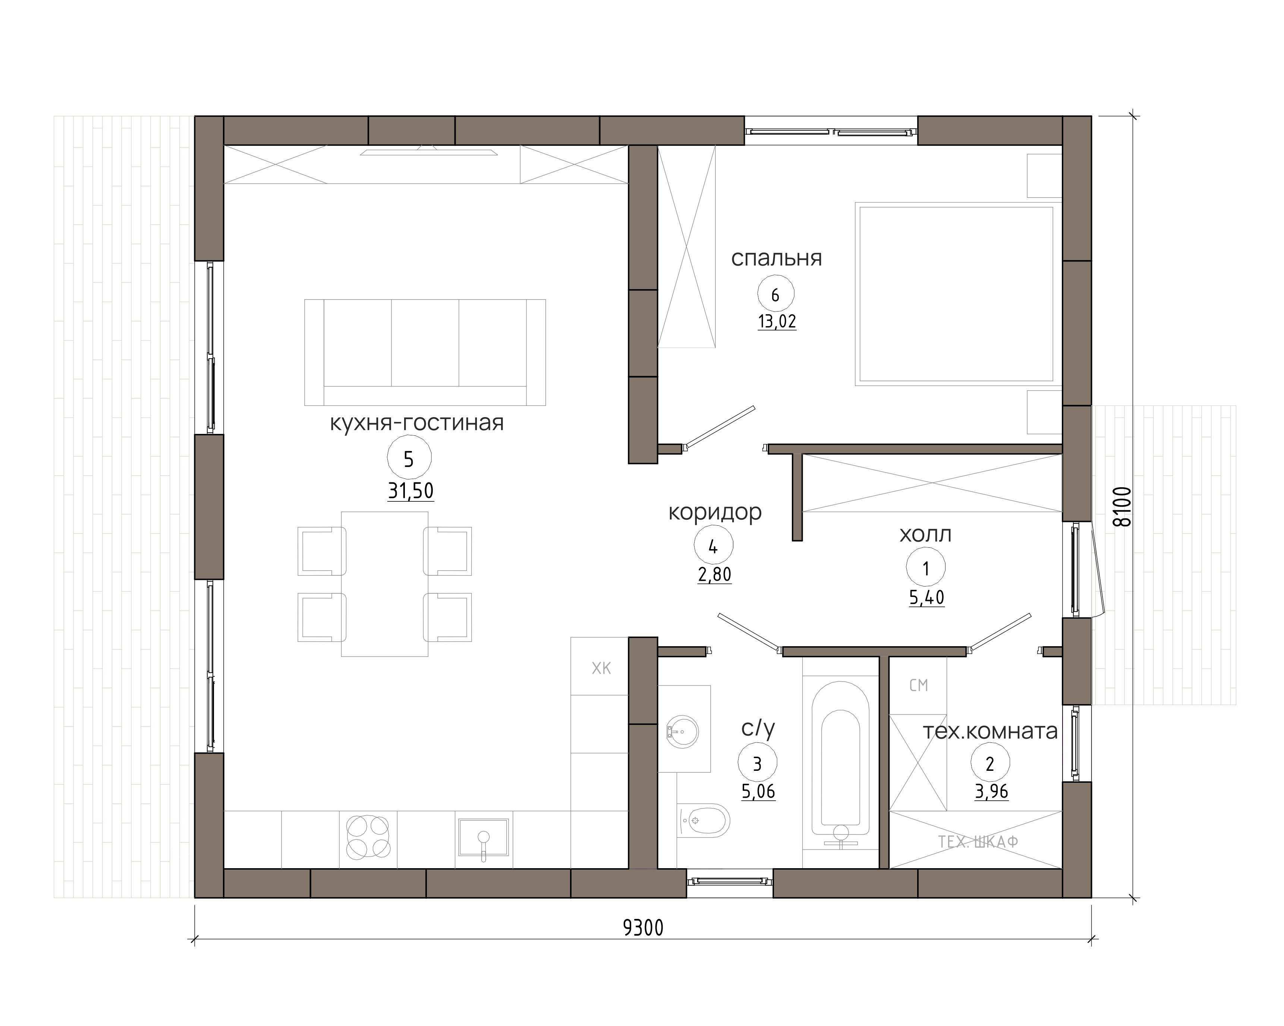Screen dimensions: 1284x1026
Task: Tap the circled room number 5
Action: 409,459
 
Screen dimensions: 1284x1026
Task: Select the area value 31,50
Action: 411,491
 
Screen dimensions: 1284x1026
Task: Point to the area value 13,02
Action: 777,322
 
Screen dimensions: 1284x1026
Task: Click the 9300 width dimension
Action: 643,928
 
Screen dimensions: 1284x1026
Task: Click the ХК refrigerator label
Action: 601,669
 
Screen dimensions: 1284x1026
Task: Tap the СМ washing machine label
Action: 919,685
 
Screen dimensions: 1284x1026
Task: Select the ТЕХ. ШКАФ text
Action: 978,842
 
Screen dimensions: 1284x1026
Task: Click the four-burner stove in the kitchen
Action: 368,837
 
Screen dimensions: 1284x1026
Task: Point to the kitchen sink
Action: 484,838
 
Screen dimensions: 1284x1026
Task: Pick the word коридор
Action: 715,512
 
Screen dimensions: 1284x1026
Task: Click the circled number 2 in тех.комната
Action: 990,763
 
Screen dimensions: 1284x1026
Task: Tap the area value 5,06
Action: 758,791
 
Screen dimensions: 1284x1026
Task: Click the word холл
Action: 925,534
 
